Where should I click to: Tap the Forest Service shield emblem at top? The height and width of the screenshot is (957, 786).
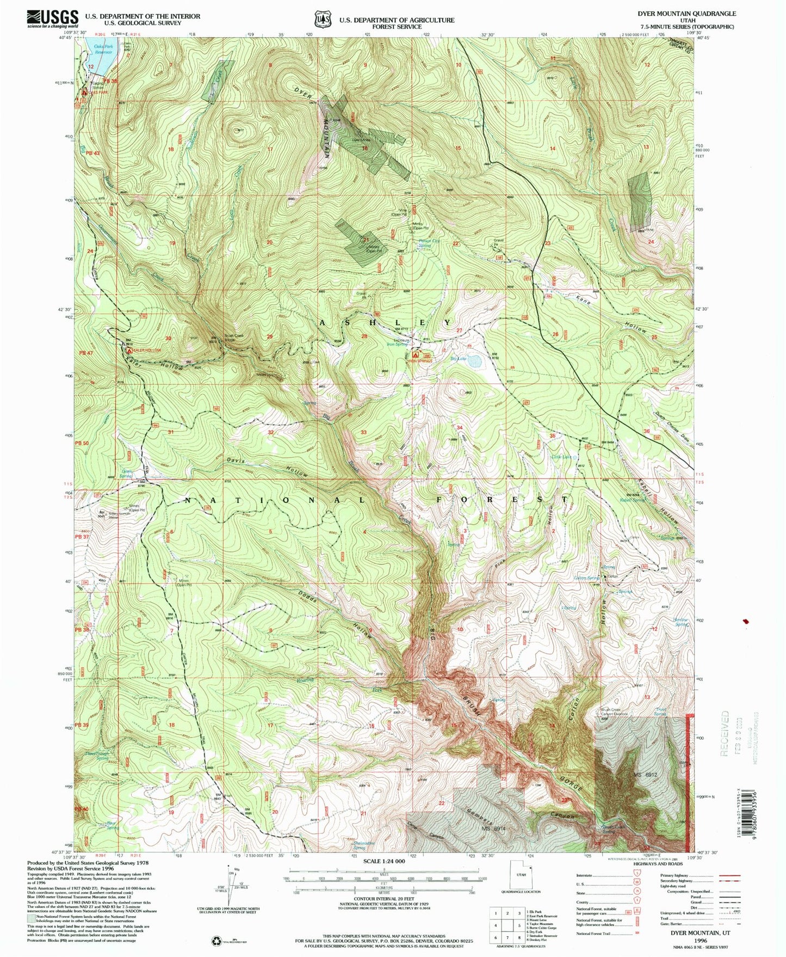tap(323, 19)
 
